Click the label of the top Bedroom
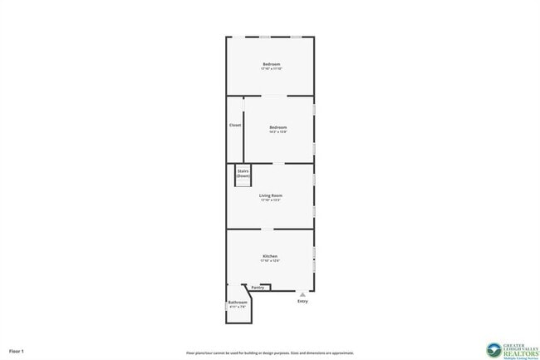[x=271, y=64]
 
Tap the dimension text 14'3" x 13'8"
[x=277, y=131]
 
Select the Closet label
[x=235, y=126]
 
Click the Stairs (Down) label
[x=243, y=173]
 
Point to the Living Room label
[x=271, y=195]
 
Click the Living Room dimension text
[x=271, y=200]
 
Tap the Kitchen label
[x=270, y=256]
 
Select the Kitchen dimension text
[x=270, y=261]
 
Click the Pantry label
[x=258, y=288]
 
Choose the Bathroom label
[x=238, y=302]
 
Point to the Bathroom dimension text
[x=238, y=307]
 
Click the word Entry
[x=302, y=301]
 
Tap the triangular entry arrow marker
[x=302, y=293]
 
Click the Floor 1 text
[x=17, y=352]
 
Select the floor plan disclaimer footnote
[x=258, y=353]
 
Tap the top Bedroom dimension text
[x=271, y=69]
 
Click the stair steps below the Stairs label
[x=243, y=183]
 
